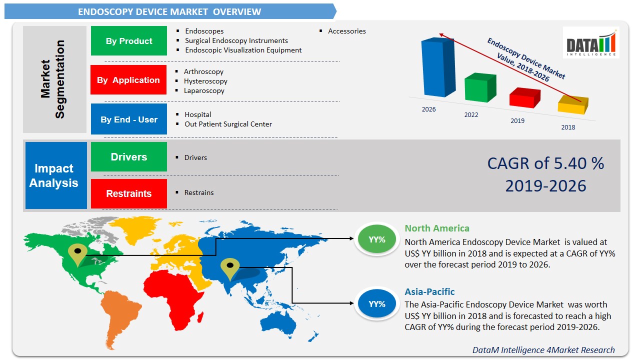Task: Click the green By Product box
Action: [x=129, y=41]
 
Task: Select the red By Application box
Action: [x=128, y=80]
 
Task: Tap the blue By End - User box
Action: [x=129, y=119]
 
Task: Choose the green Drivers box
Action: [x=129, y=157]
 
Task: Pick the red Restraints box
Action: [x=129, y=193]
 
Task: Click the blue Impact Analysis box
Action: [x=53, y=175]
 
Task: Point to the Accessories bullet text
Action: [x=346, y=31]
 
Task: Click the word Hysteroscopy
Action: [x=205, y=81]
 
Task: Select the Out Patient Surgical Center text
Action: [x=228, y=124]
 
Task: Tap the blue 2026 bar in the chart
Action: [x=437, y=67]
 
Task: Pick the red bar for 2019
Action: [x=524, y=98]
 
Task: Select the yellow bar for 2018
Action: [x=572, y=105]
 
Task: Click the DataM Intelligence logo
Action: [x=591, y=42]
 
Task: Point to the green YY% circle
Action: [x=377, y=239]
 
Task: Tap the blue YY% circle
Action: [x=377, y=303]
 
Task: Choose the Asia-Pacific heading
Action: [x=429, y=291]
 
